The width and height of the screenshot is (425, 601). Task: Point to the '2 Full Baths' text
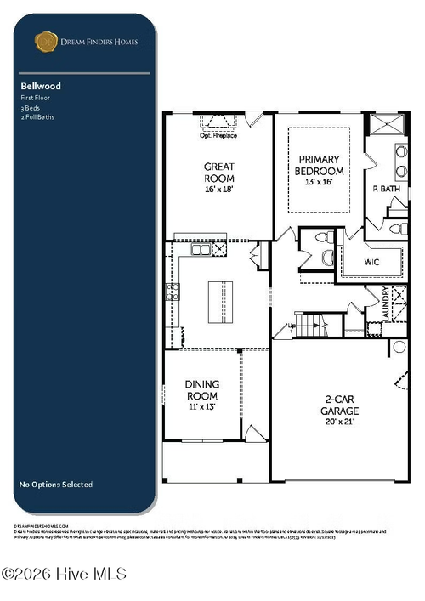(37, 116)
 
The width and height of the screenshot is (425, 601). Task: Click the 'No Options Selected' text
(56, 485)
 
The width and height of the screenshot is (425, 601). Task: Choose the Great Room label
(218, 173)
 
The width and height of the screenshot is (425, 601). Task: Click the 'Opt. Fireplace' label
(218, 136)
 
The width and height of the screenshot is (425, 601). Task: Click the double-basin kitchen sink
(201, 250)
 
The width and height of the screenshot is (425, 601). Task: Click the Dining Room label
(201, 390)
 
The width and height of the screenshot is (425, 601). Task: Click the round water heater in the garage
(398, 347)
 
